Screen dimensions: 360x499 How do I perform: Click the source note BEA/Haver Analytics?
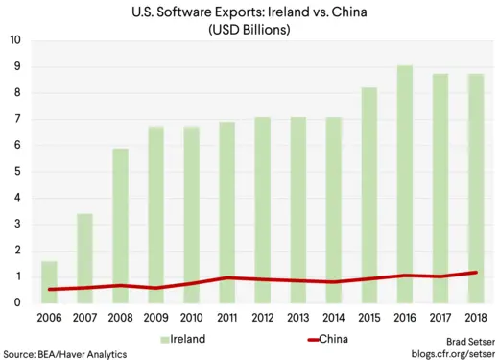(x=65, y=353)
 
